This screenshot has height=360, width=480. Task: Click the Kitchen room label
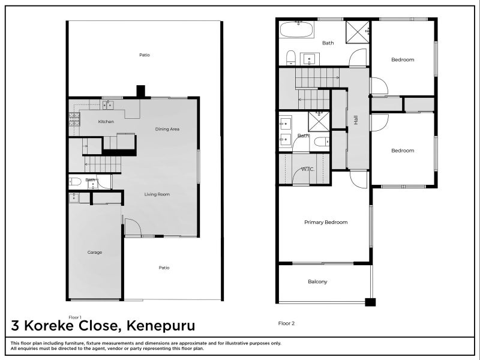[106, 122]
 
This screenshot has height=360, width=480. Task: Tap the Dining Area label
[167, 129]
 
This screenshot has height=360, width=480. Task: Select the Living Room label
[157, 194]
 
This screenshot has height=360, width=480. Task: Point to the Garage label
[95, 253]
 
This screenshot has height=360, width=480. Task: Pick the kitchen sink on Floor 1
[107, 106]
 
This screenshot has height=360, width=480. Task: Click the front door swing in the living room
[133, 227]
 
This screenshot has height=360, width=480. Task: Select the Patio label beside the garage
[164, 268]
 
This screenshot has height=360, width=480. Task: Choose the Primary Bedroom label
[326, 223]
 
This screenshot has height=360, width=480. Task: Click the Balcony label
[317, 281]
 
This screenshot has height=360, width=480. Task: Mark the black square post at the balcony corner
[370, 302]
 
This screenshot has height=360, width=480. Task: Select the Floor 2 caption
[286, 323]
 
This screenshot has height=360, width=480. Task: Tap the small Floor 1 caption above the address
[74, 317]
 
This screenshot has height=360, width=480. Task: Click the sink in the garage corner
[75, 197]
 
